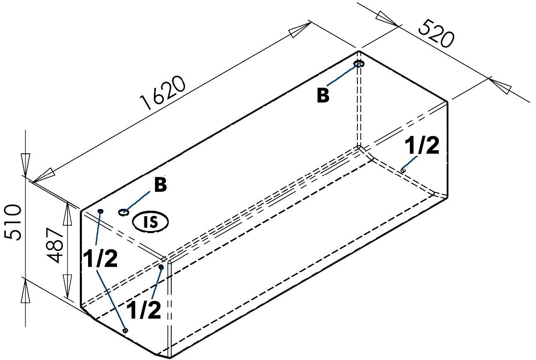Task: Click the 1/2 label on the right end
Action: (x=422, y=147)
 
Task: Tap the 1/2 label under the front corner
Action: (x=144, y=310)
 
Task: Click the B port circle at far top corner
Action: (x=359, y=64)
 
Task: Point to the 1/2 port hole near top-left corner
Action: (x=100, y=211)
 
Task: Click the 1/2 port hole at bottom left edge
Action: (x=126, y=330)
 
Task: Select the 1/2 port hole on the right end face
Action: (x=403, y=169)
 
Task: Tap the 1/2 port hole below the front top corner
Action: (x=161, y=267)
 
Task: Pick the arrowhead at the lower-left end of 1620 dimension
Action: (x=43, y=175)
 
